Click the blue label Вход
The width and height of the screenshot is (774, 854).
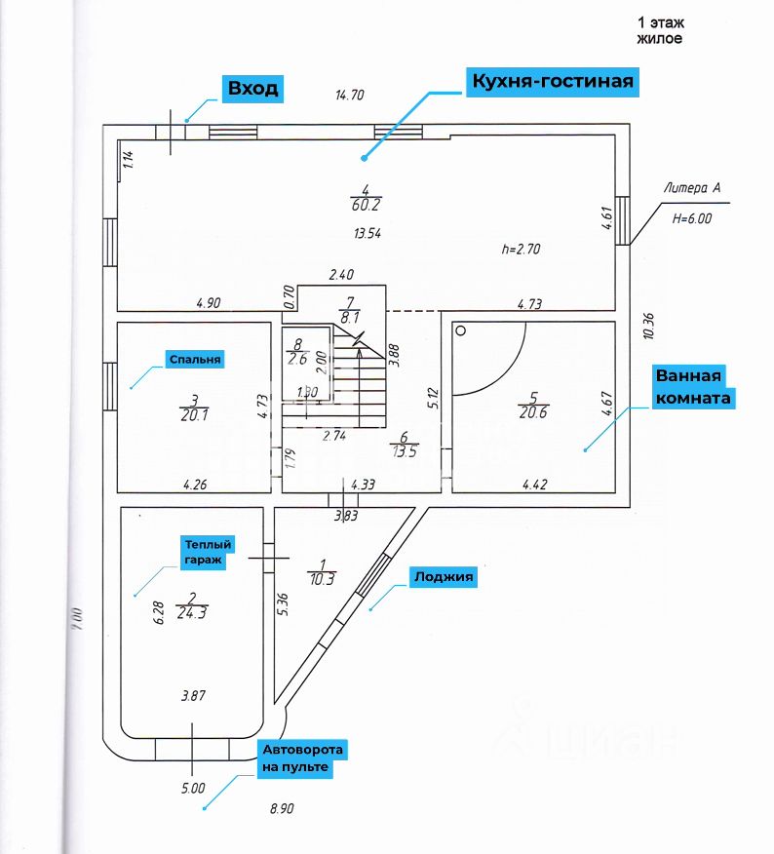[252, 89]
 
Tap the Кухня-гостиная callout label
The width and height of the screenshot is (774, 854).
[552, 81]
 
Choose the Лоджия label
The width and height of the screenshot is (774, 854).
[444, 577]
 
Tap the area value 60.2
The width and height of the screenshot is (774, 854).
[365, 205]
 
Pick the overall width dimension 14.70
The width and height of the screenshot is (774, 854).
[349, 96]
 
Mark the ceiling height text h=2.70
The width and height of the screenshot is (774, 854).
[521, 249]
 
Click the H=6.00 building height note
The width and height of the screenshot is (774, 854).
[692, 219]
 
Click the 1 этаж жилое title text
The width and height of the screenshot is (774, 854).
[660, 30]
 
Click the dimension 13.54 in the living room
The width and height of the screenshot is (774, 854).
[367, 233]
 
